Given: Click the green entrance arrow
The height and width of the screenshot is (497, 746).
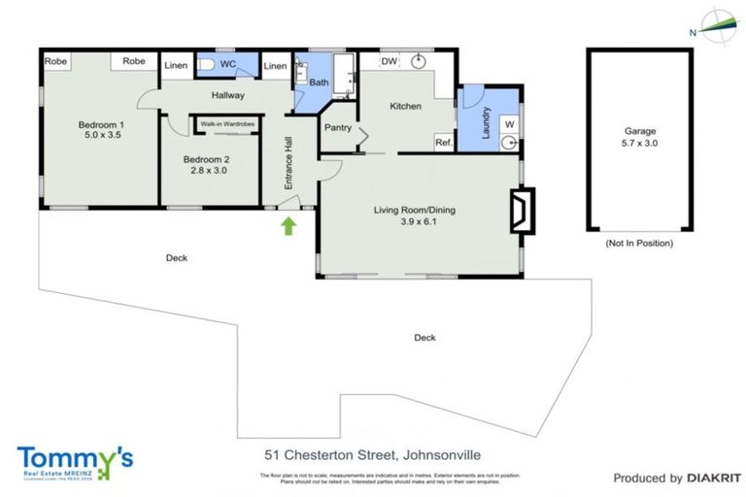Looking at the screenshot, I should [288, 227].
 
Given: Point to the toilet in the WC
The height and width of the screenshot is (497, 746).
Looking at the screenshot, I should [205, 64].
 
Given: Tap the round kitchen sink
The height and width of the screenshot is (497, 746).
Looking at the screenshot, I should [420, 62].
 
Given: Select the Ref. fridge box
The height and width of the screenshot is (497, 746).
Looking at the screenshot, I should [443, 143].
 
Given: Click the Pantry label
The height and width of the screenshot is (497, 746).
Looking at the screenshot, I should [338, 127].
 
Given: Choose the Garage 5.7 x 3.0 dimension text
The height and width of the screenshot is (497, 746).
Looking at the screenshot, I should [639, 144].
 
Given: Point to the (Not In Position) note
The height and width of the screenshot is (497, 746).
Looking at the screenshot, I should [638, 243].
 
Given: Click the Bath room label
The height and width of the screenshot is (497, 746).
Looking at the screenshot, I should [319, 83].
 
